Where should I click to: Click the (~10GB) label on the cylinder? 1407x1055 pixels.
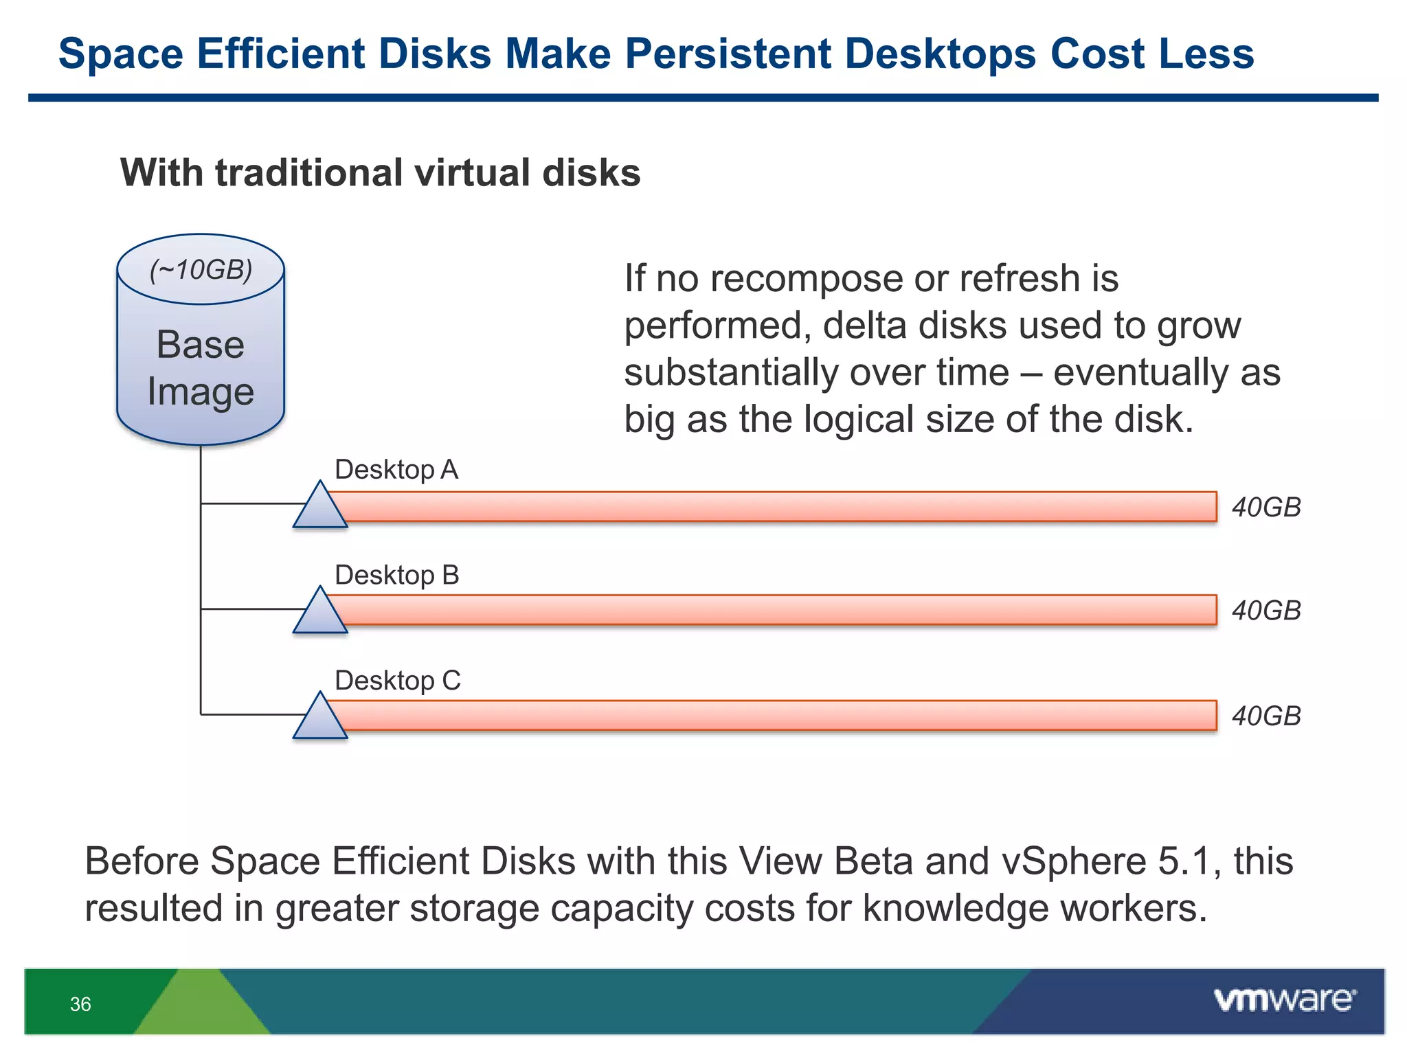(x=201, y=270)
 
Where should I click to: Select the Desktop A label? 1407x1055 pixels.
(x=396, y=470)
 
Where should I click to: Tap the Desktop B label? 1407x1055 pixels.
(x=396, y=575)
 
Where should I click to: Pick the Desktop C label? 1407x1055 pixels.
(x=397, y=681)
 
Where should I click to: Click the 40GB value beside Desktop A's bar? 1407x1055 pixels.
(x=1266, y=508)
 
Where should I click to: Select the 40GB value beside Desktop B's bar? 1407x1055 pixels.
(x=1266, y=611)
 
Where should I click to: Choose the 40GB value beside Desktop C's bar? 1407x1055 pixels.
(x=1266, y=716)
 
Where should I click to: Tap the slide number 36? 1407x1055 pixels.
(x=80, y=1004)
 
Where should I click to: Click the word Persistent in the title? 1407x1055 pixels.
(x=727, y=54)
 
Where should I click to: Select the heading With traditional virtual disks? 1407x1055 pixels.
(x=380, y=172)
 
